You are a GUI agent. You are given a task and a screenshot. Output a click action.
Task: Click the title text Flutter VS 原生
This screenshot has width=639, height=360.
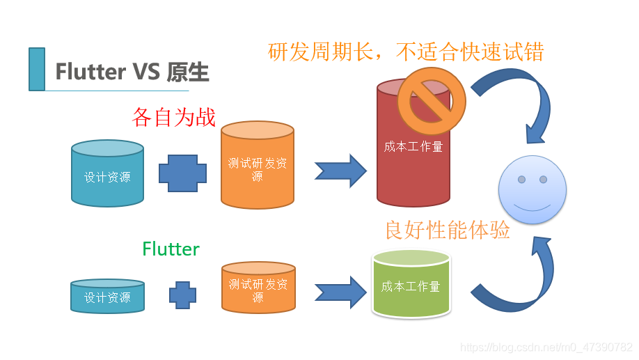132,72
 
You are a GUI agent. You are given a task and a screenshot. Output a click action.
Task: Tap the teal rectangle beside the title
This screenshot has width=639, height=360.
37,69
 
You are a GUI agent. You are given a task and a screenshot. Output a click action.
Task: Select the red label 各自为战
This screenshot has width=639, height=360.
173,116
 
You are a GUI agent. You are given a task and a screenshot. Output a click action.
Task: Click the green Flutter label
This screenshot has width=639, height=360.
171,249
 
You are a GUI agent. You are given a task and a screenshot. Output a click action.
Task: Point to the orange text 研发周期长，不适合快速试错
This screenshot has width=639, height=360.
405,52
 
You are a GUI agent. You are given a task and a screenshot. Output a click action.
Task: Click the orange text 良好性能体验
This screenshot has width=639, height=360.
448,230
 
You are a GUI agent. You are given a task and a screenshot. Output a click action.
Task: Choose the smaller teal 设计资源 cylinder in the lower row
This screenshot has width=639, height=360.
107,296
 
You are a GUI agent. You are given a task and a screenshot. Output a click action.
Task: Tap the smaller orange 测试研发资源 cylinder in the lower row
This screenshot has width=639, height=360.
258,288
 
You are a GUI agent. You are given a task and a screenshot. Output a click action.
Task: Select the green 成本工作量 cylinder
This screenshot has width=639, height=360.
411,285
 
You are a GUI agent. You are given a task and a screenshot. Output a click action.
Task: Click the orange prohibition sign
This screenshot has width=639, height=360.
431,100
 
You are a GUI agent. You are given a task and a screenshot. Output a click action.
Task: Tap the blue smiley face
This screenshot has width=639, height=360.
532,189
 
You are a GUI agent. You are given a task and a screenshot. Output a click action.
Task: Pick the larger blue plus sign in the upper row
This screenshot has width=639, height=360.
182,173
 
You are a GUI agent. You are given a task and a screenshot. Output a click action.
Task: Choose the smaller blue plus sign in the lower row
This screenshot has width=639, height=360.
182,295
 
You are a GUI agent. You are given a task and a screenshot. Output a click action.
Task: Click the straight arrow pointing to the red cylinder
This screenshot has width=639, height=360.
340,170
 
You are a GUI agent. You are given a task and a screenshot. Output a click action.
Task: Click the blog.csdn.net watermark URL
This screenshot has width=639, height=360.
547,347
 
